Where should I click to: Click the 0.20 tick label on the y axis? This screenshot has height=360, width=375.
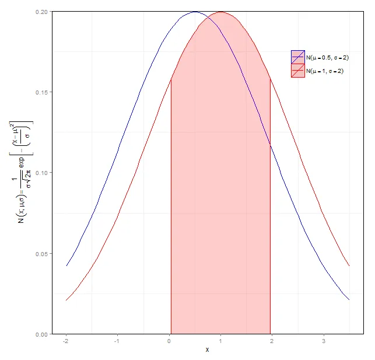(x=41, y=12)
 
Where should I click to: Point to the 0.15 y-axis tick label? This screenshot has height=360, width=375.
(x=41, y=92)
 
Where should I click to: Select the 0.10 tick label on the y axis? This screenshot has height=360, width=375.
(x=41, y=173)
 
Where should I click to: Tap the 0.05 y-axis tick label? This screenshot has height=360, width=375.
(x=41, y=254)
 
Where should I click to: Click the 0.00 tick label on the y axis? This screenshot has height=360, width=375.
(x=41, y=334)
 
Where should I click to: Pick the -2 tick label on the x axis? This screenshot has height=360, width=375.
(x=66, y=341)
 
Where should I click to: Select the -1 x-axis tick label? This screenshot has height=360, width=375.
(x=117, y=341)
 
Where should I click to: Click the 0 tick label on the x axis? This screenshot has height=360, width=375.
(x=169, y=341)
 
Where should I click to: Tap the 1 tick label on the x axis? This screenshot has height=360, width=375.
(x=220, y=341)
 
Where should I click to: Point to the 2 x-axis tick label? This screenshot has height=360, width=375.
(x=272, y=341)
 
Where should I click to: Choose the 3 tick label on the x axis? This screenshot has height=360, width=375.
(x=324, y=341)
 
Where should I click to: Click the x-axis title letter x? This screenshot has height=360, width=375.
(x=206, y=350)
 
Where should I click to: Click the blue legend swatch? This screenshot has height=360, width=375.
(x=297, y=57)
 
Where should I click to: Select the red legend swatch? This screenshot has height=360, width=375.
(x=297, y=71)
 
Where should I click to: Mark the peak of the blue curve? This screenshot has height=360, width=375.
(x=195, y=12)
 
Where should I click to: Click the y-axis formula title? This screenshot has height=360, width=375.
(x=22, y=173)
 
